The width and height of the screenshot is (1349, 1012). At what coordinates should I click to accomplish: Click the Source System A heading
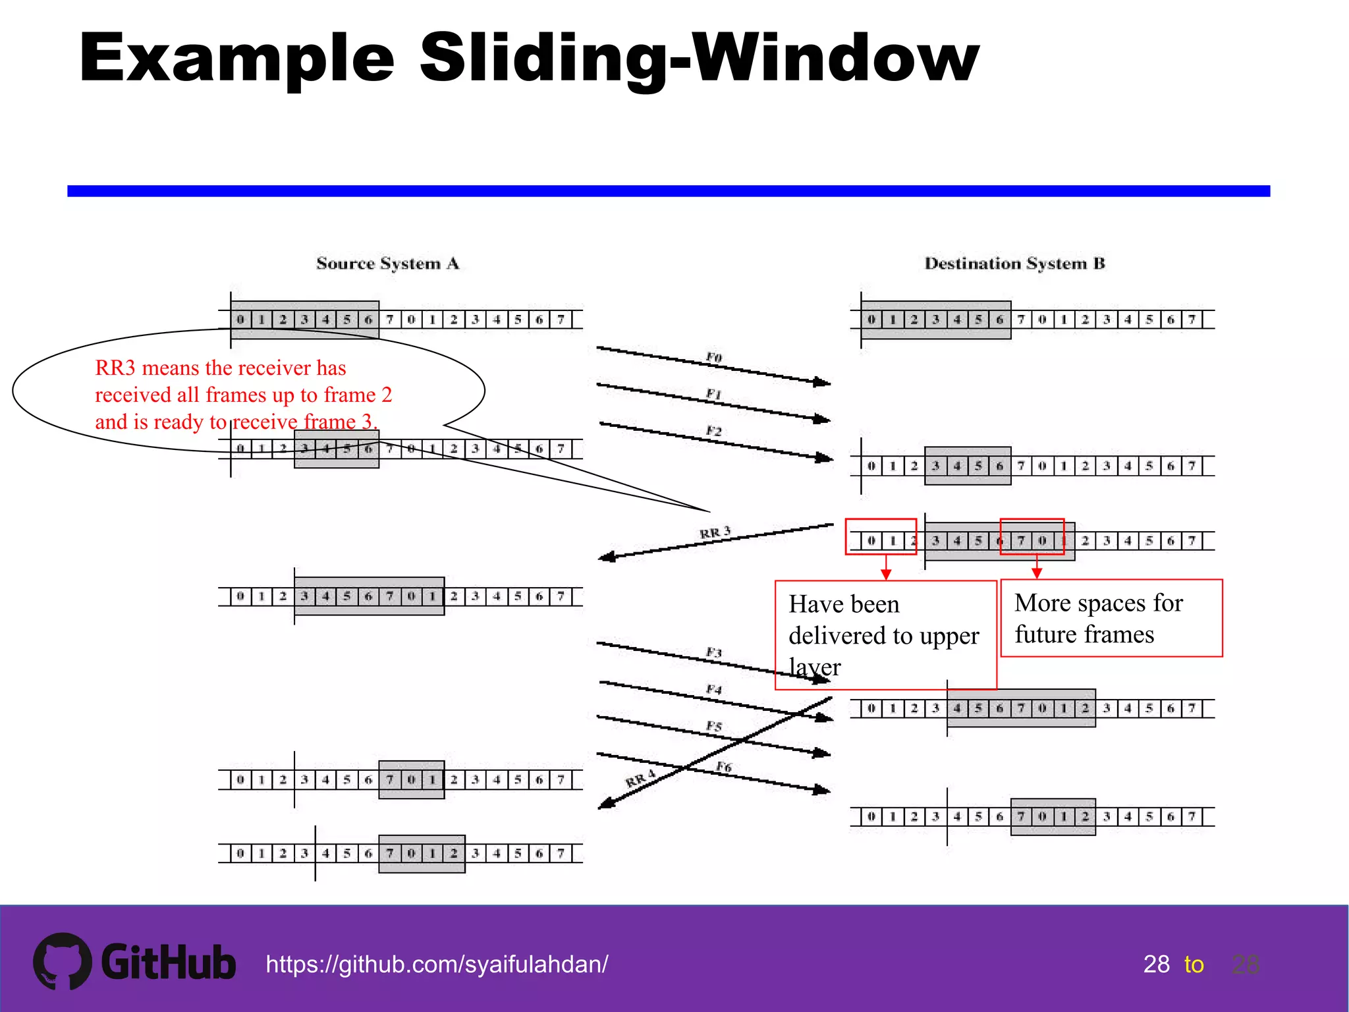[x=387, y=264]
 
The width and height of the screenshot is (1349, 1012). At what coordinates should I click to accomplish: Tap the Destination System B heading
[x=1014, y=264]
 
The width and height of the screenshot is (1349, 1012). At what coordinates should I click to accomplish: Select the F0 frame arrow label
[x=714, y=357]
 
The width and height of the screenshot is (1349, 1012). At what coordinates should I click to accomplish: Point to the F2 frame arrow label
[x=714, y=431]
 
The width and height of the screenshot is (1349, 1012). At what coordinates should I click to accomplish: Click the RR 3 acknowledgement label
[x=715, y=532]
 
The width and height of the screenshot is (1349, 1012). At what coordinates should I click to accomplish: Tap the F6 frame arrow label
[x=723, y=767]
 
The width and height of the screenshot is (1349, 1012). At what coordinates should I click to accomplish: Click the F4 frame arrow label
[x=714, y=689]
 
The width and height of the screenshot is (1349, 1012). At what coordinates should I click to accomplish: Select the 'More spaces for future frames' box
[x=1111, y=618]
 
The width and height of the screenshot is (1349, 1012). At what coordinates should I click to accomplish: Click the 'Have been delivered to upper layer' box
[x=885, y=634]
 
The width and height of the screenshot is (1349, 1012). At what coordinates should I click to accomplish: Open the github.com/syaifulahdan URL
[x=437, y=965]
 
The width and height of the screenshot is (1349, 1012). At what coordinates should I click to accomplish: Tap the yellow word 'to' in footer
[x=1194, y=965]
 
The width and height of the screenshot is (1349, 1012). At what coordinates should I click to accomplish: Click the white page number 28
[x=1156, y=965]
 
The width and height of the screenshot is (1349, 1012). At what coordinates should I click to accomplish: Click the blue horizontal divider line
[x=668, y=191]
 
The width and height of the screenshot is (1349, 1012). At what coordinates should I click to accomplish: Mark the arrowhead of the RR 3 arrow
[x=606, y=557]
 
